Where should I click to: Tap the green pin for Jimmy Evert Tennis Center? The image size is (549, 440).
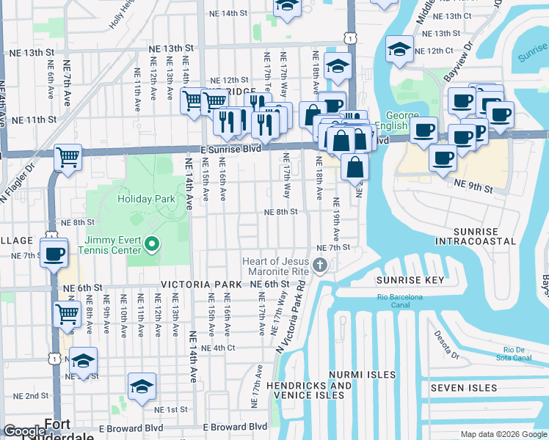click(153, 244)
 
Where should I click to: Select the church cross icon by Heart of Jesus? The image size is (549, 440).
click(319, 265)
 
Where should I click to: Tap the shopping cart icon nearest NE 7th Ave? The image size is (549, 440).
click(68, 156)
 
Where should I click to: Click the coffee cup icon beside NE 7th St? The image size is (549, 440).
click(55, 254)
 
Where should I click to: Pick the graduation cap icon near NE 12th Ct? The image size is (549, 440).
click(399, 50)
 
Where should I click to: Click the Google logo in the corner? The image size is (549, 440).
click(24, 431)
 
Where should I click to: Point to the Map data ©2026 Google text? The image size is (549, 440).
click(503, 434)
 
